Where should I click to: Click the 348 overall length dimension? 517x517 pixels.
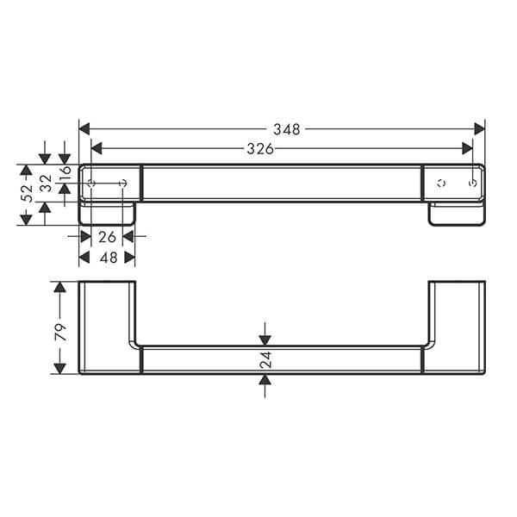pos(286,129)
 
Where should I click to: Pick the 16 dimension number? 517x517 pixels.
pos(65,176)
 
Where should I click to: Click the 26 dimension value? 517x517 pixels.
pos(107,236)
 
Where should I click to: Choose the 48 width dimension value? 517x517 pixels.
pos(107,258)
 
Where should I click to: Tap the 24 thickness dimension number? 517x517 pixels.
pos(265,359)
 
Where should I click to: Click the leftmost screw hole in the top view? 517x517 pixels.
pos(92,183)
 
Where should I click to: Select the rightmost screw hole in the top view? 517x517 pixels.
pos(472,183)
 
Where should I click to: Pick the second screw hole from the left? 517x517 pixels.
pos(122,183)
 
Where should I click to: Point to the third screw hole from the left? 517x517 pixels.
pos(440,183)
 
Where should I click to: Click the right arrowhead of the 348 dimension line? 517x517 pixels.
pos(479,129)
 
